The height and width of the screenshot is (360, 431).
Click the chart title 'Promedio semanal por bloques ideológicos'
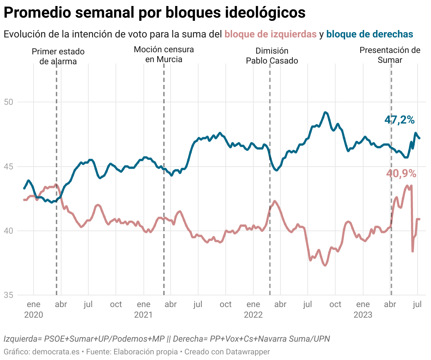coord(154,13)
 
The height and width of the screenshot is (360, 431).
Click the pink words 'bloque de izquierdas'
coord(270,34)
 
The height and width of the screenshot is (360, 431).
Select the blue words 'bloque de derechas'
coord(370,34)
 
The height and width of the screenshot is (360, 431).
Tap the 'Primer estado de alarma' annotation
coord(58,56)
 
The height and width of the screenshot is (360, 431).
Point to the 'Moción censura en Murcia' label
coord(164,54)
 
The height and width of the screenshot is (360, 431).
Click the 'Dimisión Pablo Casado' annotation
coord(272,56)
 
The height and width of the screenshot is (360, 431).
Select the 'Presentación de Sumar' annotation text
coord(390,55)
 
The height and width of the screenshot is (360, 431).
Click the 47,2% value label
coord(399,120)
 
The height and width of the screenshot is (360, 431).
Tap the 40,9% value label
coord(401,174)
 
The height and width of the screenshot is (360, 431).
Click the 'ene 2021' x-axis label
coord(143,309)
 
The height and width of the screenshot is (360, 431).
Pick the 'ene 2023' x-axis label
coord(363,309)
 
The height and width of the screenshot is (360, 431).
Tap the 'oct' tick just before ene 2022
coord(225,304)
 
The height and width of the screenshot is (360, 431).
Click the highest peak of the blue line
coord(325,112)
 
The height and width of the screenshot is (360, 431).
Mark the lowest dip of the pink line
coord(325,265)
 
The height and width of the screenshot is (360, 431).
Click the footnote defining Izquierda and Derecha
coord(167,339)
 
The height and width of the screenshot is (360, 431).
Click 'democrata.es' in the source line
coord(56,352)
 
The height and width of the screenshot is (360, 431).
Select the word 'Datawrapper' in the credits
coord(248,352)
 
